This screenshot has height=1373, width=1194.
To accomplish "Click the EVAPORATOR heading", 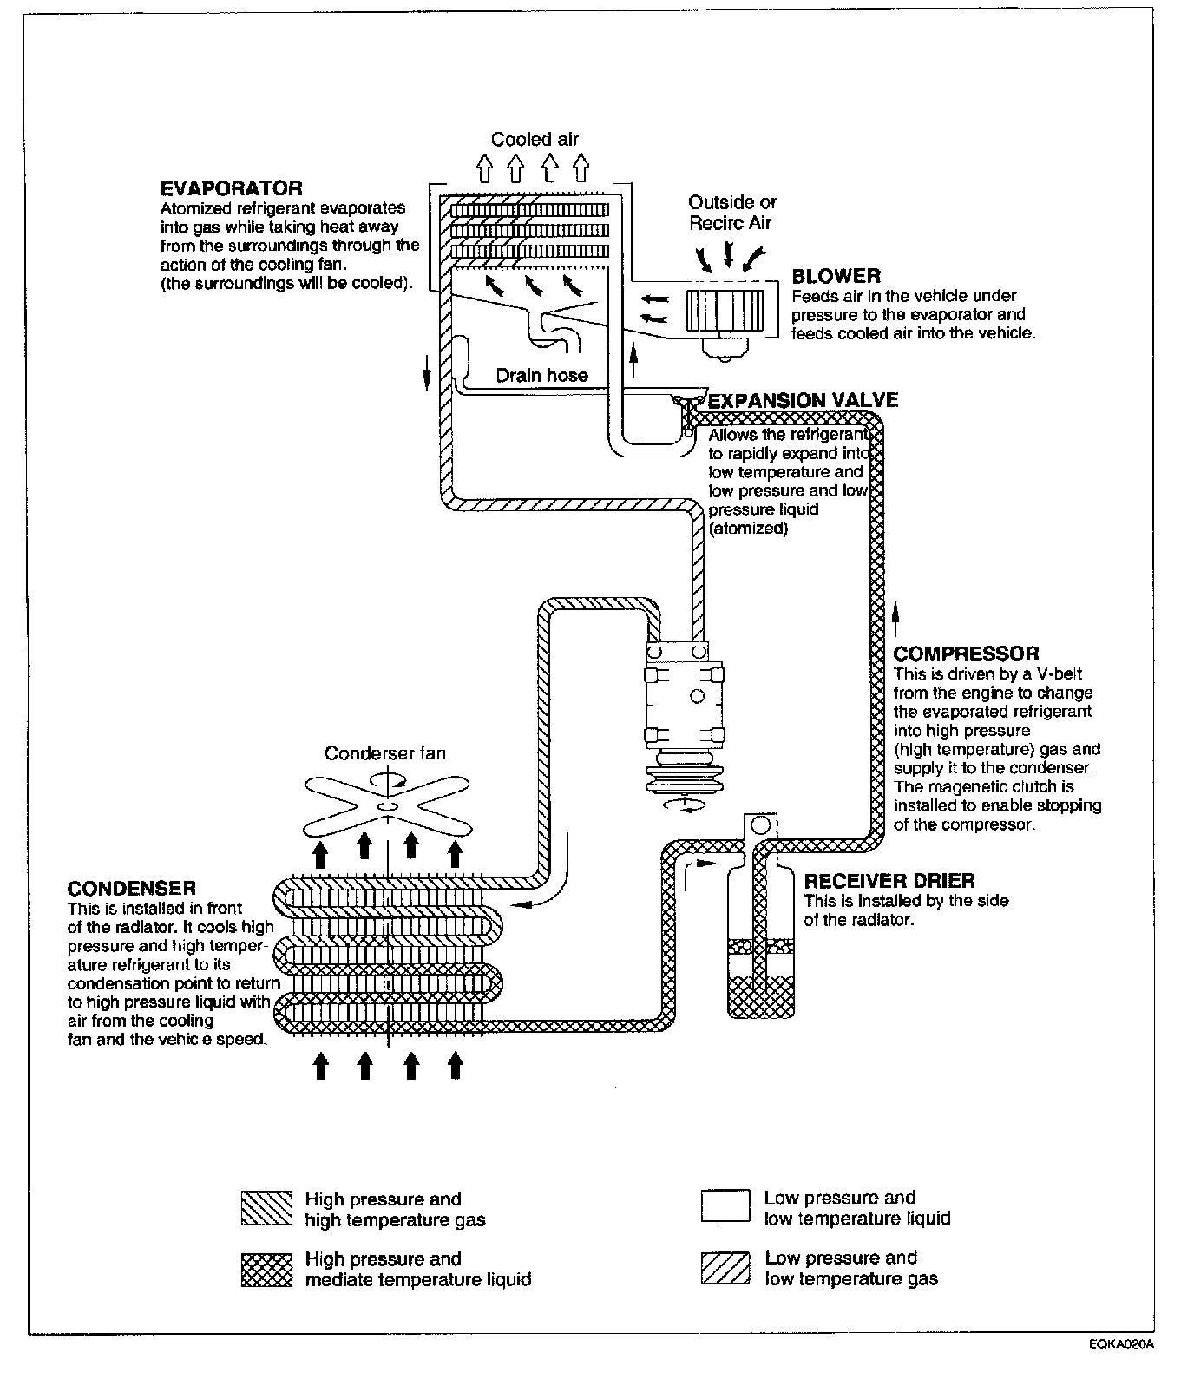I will point(231,188).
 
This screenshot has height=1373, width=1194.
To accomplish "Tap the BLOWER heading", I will point(836,276).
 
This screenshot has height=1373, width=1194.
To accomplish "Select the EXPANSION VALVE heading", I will point(803,400).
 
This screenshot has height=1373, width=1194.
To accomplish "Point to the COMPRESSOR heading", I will point(966,654).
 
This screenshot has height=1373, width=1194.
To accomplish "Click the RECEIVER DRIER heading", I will point(889,882).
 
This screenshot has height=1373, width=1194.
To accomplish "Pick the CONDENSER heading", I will point(131,888).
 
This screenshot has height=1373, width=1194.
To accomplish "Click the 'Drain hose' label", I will point(541,376).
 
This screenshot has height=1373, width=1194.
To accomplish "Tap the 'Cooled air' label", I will point(535,139).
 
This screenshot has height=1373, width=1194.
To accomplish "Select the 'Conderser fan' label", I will point(384,753).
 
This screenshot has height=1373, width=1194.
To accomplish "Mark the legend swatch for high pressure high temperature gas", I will point(266,1207).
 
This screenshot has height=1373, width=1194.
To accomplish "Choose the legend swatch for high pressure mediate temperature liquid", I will point(266,1269).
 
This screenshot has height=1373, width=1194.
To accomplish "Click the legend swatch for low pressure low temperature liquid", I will point(725,1205).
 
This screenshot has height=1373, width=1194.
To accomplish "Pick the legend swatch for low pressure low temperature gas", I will point(725,1268).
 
